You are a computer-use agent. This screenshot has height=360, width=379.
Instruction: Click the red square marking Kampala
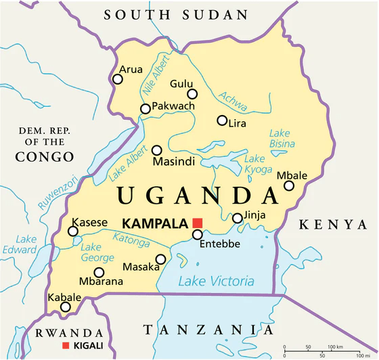197,223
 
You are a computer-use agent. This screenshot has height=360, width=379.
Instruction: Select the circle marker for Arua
118,79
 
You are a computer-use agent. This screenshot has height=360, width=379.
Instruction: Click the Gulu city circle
192,94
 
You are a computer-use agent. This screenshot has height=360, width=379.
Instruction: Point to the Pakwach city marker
145,109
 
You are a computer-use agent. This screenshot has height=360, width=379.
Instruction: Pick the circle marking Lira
222,120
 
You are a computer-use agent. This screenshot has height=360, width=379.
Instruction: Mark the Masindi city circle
157,150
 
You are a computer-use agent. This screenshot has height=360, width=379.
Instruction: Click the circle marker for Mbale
289,185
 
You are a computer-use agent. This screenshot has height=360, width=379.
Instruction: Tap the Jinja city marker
238,218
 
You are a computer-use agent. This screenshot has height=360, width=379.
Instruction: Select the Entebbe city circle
197,235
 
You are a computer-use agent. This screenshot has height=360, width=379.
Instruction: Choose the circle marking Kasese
73,231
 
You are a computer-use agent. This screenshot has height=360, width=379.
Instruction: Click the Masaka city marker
160,258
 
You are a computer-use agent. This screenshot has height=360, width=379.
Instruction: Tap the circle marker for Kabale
65,307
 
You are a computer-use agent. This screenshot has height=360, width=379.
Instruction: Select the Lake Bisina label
282,138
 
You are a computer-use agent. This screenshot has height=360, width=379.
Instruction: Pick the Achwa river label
232,102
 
